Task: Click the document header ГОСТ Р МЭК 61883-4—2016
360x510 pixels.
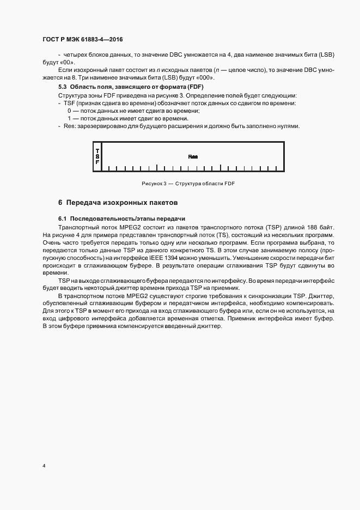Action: click(x=86, y=40)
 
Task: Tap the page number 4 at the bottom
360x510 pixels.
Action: click(x=44, y=466)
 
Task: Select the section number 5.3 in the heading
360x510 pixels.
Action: click(x=63, y=87)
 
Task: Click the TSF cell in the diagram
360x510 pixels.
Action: click(x=97, y=156)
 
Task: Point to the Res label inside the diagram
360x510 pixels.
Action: click(x=193, y=156)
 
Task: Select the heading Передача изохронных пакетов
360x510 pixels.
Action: click(x=122, y=203)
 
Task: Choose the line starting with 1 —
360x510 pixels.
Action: click(x=127, y=118)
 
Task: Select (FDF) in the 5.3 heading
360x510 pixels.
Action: click(x=195, y=87)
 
